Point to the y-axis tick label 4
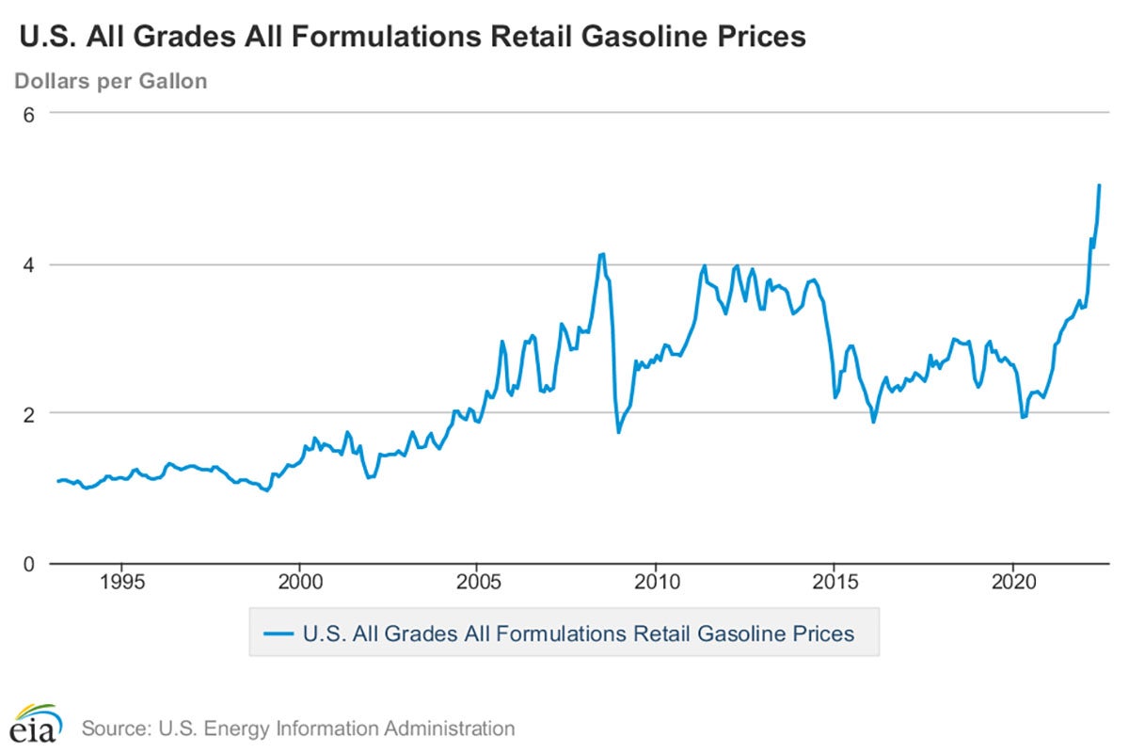29,264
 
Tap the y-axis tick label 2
29,413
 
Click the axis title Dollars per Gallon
110,81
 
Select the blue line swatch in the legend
278,633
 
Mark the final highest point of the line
1099,185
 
